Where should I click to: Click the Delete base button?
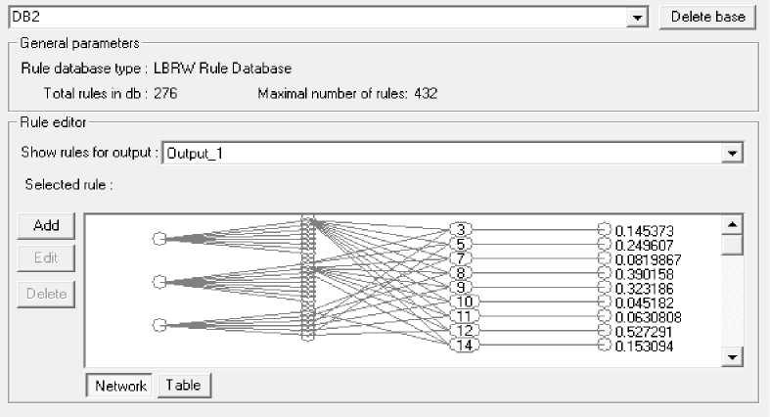[707, 17]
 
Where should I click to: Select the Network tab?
[120, 386]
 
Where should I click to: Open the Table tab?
[183, 386]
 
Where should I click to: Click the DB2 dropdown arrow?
[638, 18]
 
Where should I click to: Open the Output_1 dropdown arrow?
[731, 154]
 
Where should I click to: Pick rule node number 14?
[464, 346]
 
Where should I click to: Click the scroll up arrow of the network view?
[731, 224]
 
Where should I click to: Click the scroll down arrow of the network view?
[731, 358]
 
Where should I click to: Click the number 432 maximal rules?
[426, 94]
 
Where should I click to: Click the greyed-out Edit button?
[46, 258]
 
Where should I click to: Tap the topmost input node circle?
[159, 238]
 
